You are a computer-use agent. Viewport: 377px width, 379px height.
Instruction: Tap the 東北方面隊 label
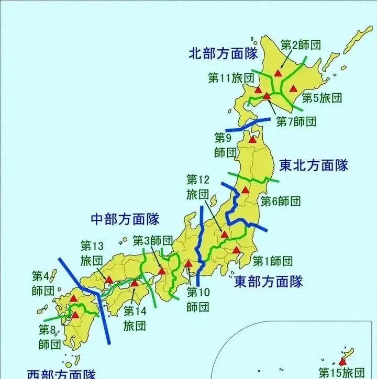pyautogui.click(x=314, y=166)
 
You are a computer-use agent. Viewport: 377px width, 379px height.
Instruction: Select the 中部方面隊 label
pyautogui.click(x=125, y=218)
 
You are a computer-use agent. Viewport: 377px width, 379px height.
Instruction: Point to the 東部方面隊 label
pyautogui.click(x=268, y=282)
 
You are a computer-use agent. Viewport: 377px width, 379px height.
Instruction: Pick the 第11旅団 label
pyautogui.click(x=231, y=78)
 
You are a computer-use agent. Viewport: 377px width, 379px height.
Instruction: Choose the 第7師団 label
pyautogui.click(x=296, y=121)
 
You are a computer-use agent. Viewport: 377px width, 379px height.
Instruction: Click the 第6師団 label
pyautogui.click(x=281, y=201)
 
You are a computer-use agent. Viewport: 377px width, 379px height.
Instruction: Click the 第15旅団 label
pyautogui.click(x=341, y=372)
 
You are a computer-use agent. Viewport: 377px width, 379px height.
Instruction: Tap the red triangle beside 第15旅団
pyautogui.click(x=342, y=361)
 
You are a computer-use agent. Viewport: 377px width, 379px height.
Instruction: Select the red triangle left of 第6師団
pyautogui.click(x=245, y=190)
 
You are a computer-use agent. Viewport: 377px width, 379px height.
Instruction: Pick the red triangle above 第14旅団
pyautogui.click(x=135, y=284)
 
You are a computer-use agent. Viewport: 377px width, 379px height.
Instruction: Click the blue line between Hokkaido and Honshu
pyautogui.click(x=250, y=126)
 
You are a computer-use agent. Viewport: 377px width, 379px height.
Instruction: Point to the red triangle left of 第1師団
pyautogui.click(x=237, y=250)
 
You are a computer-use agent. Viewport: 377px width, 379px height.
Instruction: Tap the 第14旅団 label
pyautogui.click(x=135, y=318)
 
